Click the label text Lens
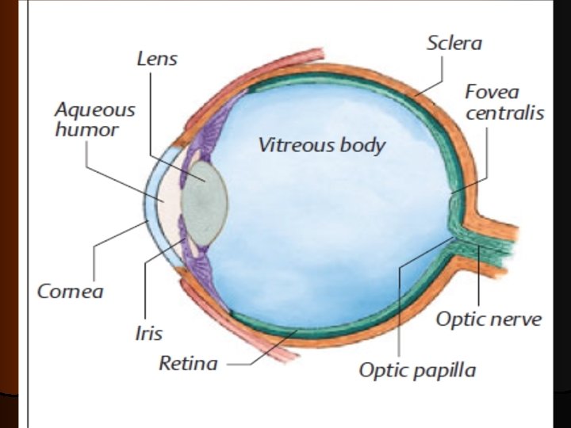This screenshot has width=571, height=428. click(157, 59)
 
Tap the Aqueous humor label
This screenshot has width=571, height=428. click(94, 119)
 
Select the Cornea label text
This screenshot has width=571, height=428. click(70, 291)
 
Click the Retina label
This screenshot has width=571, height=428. click(188, 364)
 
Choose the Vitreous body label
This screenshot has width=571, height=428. click(321, 145)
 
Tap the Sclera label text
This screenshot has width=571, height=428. click(454, 43)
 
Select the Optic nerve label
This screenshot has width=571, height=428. click(489, 319)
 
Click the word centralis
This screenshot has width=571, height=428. click(504, 113)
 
